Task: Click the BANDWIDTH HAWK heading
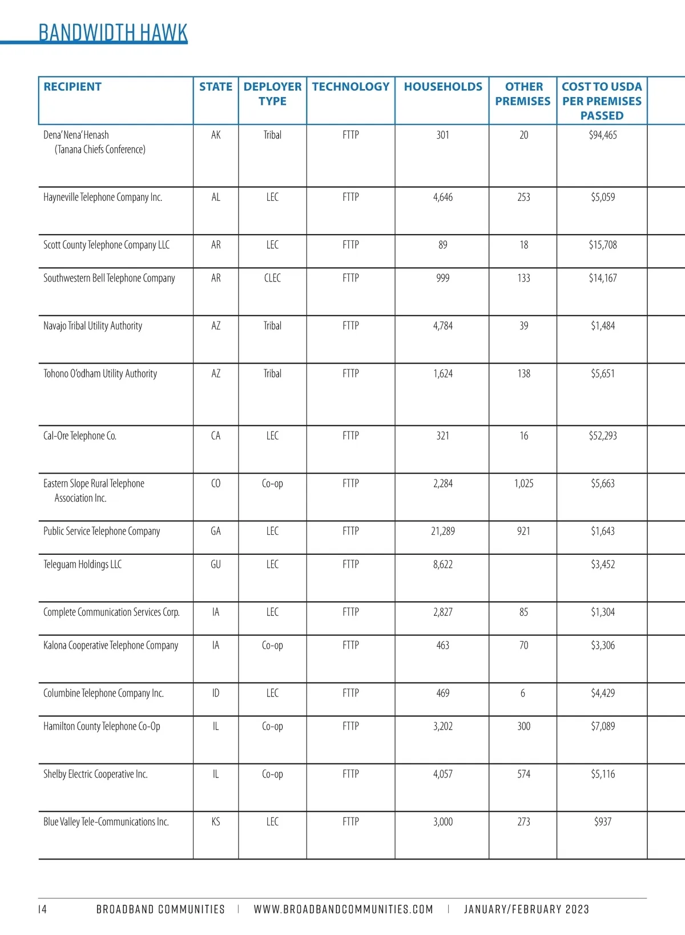112,33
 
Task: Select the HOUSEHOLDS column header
443,87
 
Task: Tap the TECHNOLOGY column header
350,87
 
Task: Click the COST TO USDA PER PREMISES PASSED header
602,101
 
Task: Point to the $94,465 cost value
603,135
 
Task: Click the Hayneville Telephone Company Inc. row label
103,198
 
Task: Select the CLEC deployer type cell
272,279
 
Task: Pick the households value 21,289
443,531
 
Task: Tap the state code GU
216,565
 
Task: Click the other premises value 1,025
523,483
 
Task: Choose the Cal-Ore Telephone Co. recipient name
80,436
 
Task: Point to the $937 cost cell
603,822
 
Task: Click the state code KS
216,822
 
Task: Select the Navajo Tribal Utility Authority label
92,326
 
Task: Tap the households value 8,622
443,565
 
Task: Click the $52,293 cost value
603,436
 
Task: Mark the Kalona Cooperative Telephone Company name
111,646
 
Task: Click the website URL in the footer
343,909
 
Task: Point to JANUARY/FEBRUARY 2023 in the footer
526,909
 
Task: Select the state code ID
216,694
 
